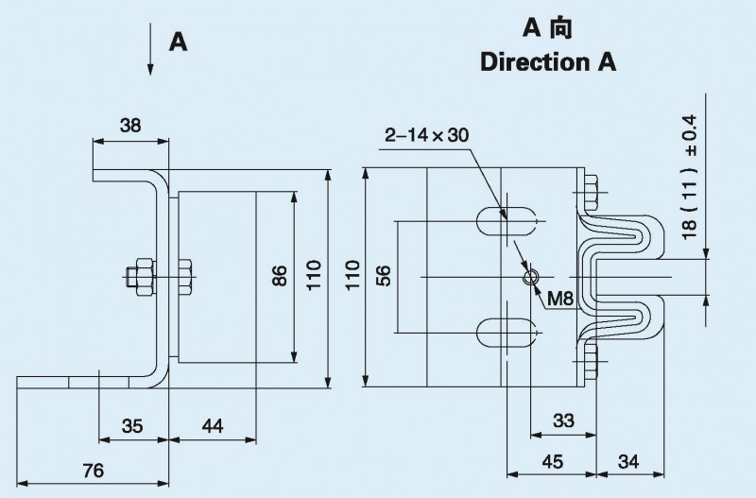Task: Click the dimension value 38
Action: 130,125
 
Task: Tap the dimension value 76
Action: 93,471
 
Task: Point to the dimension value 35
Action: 132,426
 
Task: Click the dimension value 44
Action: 212,426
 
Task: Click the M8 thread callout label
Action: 560,299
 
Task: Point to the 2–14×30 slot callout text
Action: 426,135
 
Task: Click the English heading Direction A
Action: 548,63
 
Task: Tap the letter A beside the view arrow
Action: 177,42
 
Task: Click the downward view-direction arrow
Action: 150,52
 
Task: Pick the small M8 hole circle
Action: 531,276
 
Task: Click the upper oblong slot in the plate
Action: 507,222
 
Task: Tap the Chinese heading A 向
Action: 548,27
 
